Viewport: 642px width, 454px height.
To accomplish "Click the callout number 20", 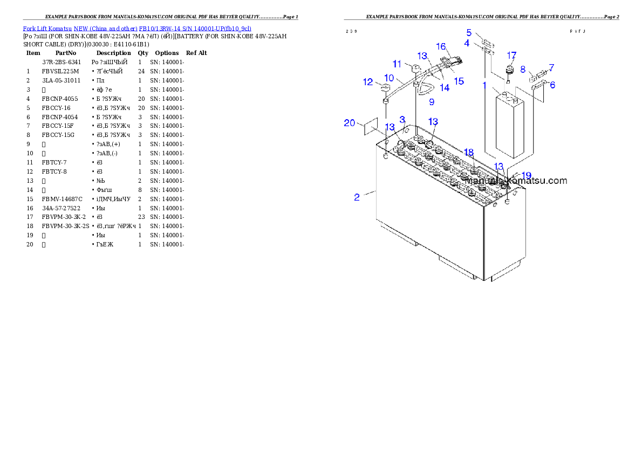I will [350, 123].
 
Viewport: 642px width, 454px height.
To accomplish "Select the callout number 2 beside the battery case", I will [357, 197].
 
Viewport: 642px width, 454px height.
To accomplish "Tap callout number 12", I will [368, 82].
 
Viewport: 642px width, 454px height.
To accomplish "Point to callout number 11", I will [397, 64].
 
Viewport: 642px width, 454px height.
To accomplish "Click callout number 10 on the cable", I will [389, 78].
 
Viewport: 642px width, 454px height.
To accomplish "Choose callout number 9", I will [432, 101].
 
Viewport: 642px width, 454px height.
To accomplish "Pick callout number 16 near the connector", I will [441, 47].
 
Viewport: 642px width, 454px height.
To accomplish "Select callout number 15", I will [459, 81].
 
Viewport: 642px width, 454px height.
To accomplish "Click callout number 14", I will [445, 87].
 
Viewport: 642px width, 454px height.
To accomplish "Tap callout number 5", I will [469, 32].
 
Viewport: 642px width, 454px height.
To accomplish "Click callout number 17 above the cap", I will [511, 55].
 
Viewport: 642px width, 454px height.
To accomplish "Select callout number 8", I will [523, 69].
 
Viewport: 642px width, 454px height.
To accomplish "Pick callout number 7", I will [551, 67].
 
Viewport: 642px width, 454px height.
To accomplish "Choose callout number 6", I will [552, 85].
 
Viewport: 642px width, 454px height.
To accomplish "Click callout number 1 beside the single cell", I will [484, 85].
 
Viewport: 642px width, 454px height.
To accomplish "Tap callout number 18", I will [468, 153].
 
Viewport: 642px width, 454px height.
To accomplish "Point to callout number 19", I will [527, 176].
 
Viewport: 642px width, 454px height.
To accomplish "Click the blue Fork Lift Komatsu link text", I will [136, 28].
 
